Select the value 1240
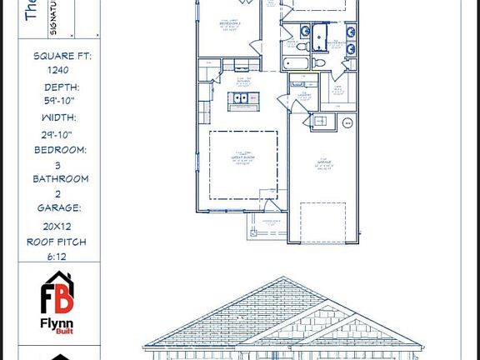point(59,71)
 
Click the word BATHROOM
point(60,178)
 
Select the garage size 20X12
point(59,226)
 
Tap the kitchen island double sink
point(244,98)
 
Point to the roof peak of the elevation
point(282,281)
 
